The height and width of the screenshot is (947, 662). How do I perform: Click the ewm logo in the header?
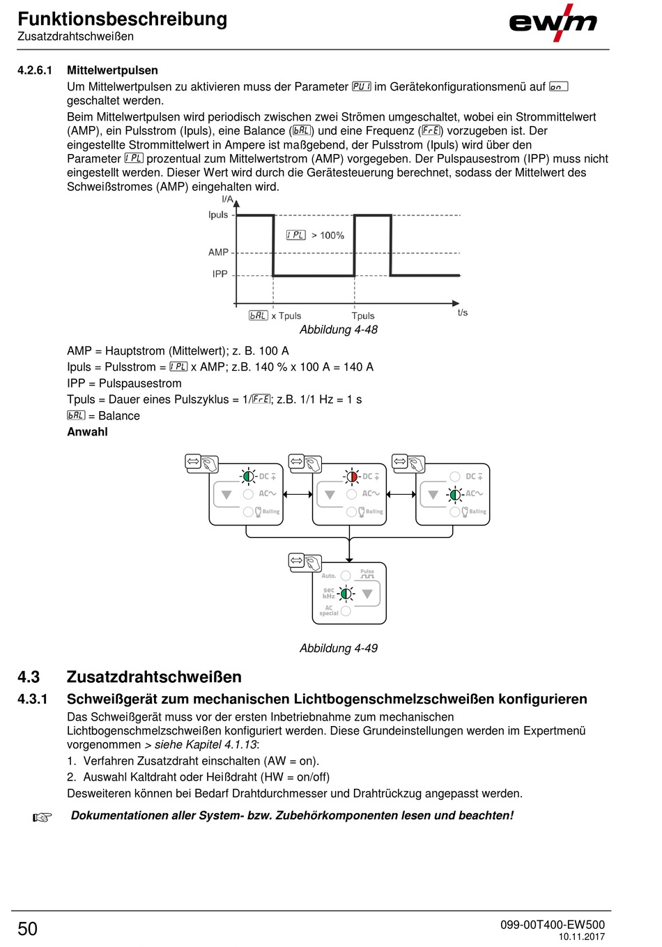553,23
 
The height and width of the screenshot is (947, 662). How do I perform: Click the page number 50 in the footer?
28,929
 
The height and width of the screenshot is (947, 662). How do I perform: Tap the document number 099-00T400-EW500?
552,925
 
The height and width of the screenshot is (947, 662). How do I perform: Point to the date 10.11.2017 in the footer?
581,937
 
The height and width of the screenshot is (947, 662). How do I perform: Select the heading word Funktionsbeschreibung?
123,19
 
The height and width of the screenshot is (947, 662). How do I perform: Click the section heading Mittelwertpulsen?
112,70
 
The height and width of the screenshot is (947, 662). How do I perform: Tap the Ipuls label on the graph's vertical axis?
218,215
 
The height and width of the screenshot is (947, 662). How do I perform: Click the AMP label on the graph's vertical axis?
218,252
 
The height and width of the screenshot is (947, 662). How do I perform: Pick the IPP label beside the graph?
220,275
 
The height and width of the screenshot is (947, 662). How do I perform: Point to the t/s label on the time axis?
463,313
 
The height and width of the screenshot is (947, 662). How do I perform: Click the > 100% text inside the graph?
328,236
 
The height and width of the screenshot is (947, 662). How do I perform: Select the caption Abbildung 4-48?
339,330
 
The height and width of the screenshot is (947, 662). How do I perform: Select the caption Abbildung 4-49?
339,648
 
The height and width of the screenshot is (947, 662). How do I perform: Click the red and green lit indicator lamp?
352,477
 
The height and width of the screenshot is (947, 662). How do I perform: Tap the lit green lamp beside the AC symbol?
455,494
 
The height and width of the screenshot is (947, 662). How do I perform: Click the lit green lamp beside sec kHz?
346,594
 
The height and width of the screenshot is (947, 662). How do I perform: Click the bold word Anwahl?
87,432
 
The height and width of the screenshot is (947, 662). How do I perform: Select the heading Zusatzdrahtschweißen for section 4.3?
154,677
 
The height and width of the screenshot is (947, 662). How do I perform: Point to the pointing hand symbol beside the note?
43,817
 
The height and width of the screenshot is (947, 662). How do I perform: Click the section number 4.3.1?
33,699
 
